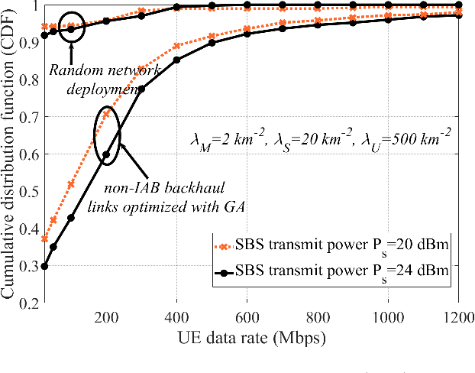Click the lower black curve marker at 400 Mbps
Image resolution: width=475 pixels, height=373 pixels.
[177, 60]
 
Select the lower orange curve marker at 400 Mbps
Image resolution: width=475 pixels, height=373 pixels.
[177, 47]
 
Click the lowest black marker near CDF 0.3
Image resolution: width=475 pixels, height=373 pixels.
[45, 266]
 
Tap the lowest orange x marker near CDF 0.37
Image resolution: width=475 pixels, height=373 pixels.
[45, 239]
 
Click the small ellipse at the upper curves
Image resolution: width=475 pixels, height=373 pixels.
[72, 27]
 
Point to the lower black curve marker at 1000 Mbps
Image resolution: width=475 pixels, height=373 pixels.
[389, 19]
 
